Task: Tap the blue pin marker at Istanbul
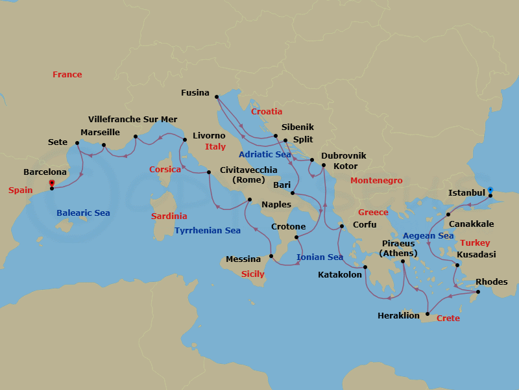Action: pos(490,189)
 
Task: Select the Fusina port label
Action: pos(195,93)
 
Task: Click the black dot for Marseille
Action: pos(104,146)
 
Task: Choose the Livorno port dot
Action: pos(185,140)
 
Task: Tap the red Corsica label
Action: pos(165,168)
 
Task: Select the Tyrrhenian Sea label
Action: pos(208,231)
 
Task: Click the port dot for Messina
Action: pos(271,256)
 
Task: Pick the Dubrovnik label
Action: pos(343,156)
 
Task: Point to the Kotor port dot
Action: pos(324,165)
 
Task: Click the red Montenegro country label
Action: pos(376,180)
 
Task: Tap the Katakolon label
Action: pos(339,275)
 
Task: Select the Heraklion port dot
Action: pos(427,315)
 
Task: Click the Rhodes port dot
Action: pos(479,292)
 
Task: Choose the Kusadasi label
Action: pos(476,255)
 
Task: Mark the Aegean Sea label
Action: pos(428,236)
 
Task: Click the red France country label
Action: pos(67,75)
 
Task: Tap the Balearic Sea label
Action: pos(83,213)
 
